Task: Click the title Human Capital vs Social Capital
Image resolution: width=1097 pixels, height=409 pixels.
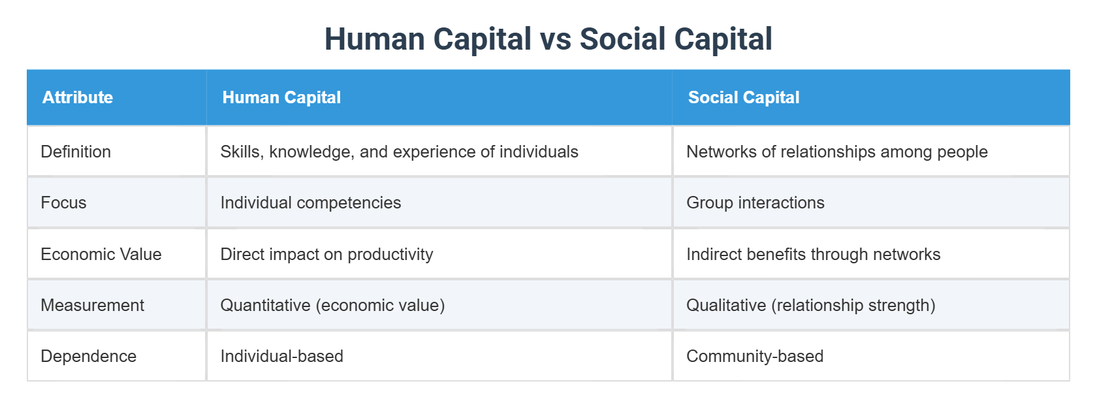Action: coord(548,39)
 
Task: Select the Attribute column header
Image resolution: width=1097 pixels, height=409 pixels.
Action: coord(78,97)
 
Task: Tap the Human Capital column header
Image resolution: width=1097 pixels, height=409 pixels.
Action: coord(281,97)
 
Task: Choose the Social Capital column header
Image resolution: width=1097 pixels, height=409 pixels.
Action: coord(744,97)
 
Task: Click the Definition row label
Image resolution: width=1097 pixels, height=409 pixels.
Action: coord(76,152)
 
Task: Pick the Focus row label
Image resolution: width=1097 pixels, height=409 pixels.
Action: coord(63,203)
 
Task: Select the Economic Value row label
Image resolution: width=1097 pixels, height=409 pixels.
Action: coord(101,254)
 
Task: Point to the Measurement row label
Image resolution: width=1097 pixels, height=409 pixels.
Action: coord(92,305)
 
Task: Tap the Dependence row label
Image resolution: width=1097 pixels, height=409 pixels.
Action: coord(88,356)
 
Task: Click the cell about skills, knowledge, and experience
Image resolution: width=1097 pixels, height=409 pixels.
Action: coord(399,152)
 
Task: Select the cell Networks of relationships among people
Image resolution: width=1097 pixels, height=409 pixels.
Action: coord(836,152)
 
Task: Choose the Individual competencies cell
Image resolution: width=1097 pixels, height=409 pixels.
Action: coord(311,203)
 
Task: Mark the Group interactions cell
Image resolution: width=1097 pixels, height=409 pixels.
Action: coord(755,203)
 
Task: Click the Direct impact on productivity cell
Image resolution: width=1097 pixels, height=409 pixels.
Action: coord(326,254)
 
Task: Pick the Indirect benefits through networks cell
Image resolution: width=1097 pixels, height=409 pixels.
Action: coord(813,254)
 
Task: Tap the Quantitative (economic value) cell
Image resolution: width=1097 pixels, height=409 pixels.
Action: coord(332,305)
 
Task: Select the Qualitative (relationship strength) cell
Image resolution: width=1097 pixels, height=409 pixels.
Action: coord(810,305)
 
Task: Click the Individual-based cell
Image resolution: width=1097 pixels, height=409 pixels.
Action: coord(281,356)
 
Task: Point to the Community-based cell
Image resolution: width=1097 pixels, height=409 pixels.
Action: coord(754,356)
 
